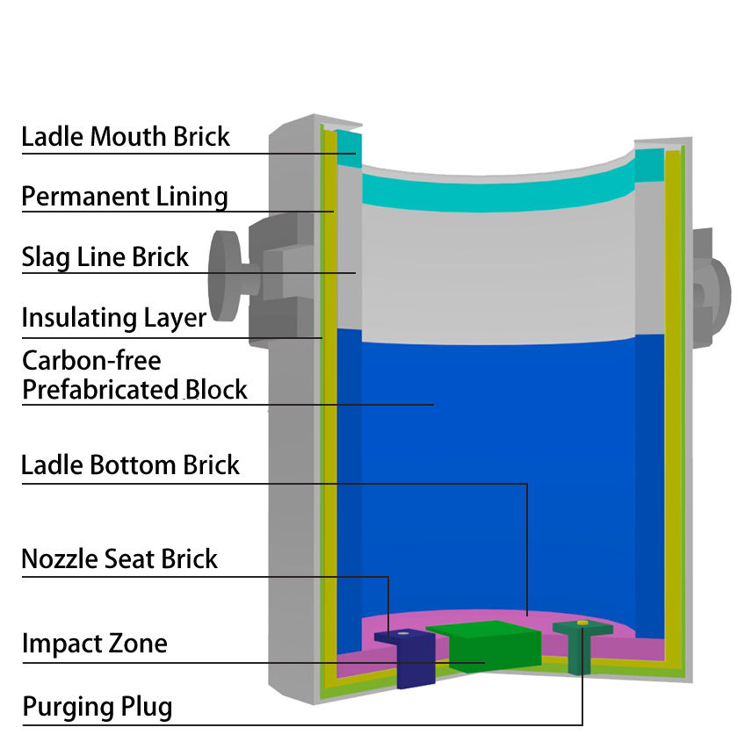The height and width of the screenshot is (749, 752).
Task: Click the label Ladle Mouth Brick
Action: click(x=126, y=137)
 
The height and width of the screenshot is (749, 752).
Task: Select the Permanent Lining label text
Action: click(x=125, y=197)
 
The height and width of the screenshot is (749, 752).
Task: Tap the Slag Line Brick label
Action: click(x=105, y=257)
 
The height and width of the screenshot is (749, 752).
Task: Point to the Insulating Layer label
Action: click(x=114, y=318)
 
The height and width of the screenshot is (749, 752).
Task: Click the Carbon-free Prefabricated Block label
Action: click(x=134, y=375)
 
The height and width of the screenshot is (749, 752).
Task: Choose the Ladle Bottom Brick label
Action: click(x=130, y=465)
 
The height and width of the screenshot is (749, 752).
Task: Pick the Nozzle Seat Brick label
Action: click(x=119, y=558)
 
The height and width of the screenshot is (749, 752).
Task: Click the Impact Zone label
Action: click(x=95, y=643)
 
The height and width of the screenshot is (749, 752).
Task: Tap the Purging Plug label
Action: click(x=98, y=708)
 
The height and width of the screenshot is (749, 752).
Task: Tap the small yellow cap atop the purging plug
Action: click(x=582, y=623)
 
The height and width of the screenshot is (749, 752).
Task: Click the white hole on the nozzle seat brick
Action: click(x=403, y=633)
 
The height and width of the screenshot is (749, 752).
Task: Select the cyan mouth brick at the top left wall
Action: click(x=349, y=148)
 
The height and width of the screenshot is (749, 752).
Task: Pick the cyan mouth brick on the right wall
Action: click(x=649, y=165)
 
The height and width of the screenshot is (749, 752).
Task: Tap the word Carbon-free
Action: click(x=91, y=361)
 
